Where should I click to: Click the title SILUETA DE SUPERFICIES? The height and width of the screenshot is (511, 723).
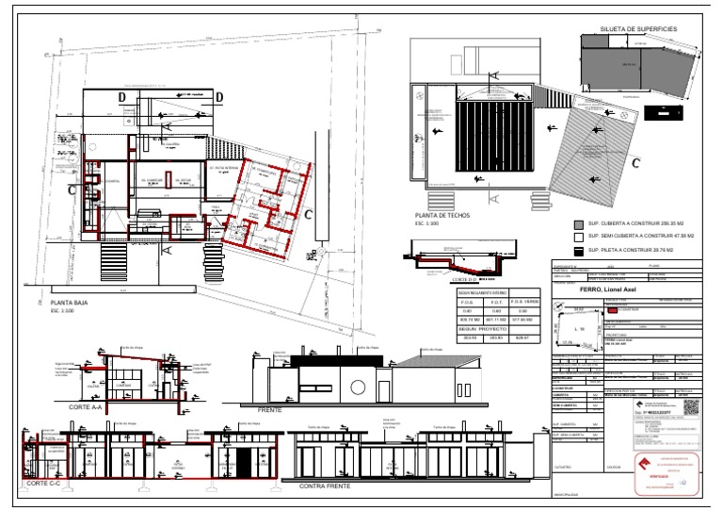point(638,30)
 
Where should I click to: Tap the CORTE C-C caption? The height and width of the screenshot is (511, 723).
point(45,483)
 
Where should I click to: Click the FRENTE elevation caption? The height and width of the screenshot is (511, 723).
point(269,408)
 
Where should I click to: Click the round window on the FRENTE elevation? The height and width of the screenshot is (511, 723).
point(357,387)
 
